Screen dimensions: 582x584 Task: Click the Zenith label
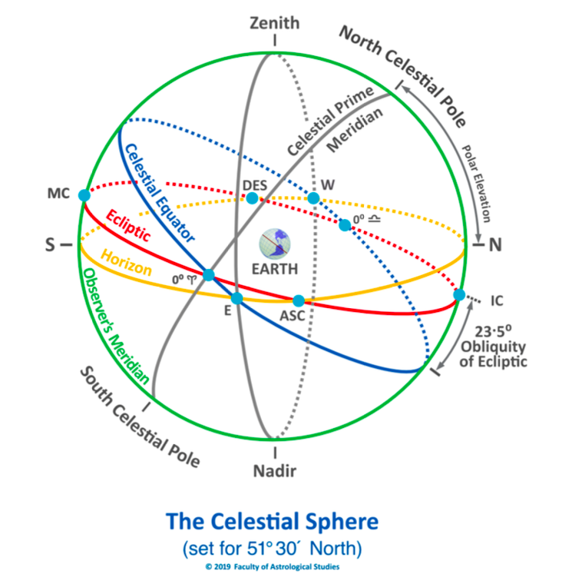[275, 23]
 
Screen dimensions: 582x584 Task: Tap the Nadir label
[275, 471]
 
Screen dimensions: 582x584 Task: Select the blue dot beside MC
[84, 195]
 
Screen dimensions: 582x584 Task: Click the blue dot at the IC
[459, 294]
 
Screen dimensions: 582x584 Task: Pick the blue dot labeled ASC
[299, 300]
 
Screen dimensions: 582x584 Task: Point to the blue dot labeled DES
[252, 197]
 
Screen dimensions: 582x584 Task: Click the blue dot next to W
[313, 197]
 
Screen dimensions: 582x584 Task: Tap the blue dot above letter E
[236, 298]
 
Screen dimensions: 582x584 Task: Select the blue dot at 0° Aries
[208, 275]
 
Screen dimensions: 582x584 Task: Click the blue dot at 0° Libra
[345, 225]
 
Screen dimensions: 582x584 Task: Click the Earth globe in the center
[275, 244]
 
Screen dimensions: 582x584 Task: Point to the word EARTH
[275, 269]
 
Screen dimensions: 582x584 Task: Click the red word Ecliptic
[128, 226]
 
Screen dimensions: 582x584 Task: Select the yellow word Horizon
[127, 263]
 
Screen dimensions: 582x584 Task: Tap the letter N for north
[495, 244]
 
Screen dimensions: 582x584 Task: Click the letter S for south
[50, 244]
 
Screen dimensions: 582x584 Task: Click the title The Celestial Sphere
[273, 521]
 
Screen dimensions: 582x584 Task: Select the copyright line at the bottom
[273, 567]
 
